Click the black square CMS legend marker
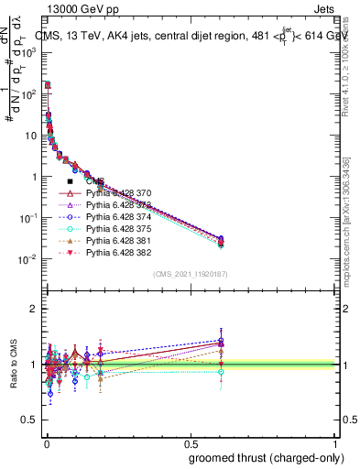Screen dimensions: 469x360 click(x=71, y=182)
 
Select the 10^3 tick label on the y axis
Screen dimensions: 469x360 click(x=29, y=53)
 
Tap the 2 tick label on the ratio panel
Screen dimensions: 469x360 click(x=36, y=309)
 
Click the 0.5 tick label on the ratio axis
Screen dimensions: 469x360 click(x=30, y=420)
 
